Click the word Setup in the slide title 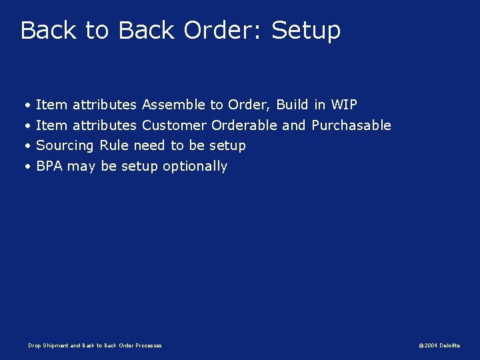pyautogui.click(x=306, y=31)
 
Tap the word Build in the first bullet pyautogui.click(x=293, y=105)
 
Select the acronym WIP pyautogui.click(x=344, y=105)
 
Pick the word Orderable pyautogui.click(x=244, y=125)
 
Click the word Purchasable pyautogui.click(x=351, y=125)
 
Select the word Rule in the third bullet pyautogui.click(x=114, y=145)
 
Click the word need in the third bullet pyautogui.click(x=149, y=145)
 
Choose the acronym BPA pyautogui.click(x=49, y=166)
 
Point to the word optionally pyautogui.click(x=195, y=167)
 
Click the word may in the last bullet pyautogui.click(x=81, y=167)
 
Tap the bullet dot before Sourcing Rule pyautogui.click(x=27, y=146)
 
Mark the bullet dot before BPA pyautogui.click(x=27, y=167)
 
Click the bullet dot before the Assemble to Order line pyautogui.click(x=27, y=105)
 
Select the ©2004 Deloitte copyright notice pyautogui.click(x=439, y=345)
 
